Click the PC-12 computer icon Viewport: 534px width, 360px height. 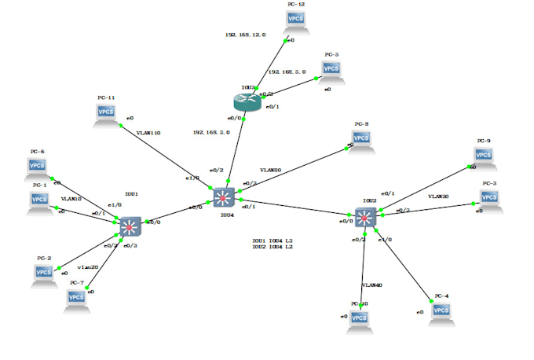[x=297, y=23]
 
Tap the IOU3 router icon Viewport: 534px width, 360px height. [x=246, y=101]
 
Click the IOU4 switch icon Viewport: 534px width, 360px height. [x=224, y=197]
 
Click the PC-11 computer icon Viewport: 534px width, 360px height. [x=106, y=113]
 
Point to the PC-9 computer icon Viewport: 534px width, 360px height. [x=482, y=157]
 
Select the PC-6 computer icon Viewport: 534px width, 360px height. [x=38, y=167]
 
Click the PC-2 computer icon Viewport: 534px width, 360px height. [x=44, y=273]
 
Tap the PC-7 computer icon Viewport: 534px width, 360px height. [x=76, y=298]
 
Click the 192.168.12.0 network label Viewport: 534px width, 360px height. [x=245, y=35]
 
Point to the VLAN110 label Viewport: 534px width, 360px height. [x=148, y=133]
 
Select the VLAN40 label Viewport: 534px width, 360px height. [x=371, y=285]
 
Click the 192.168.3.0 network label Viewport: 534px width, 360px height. [x=211, y=133]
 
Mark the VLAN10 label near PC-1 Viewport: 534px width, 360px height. [x=71, y=199]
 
